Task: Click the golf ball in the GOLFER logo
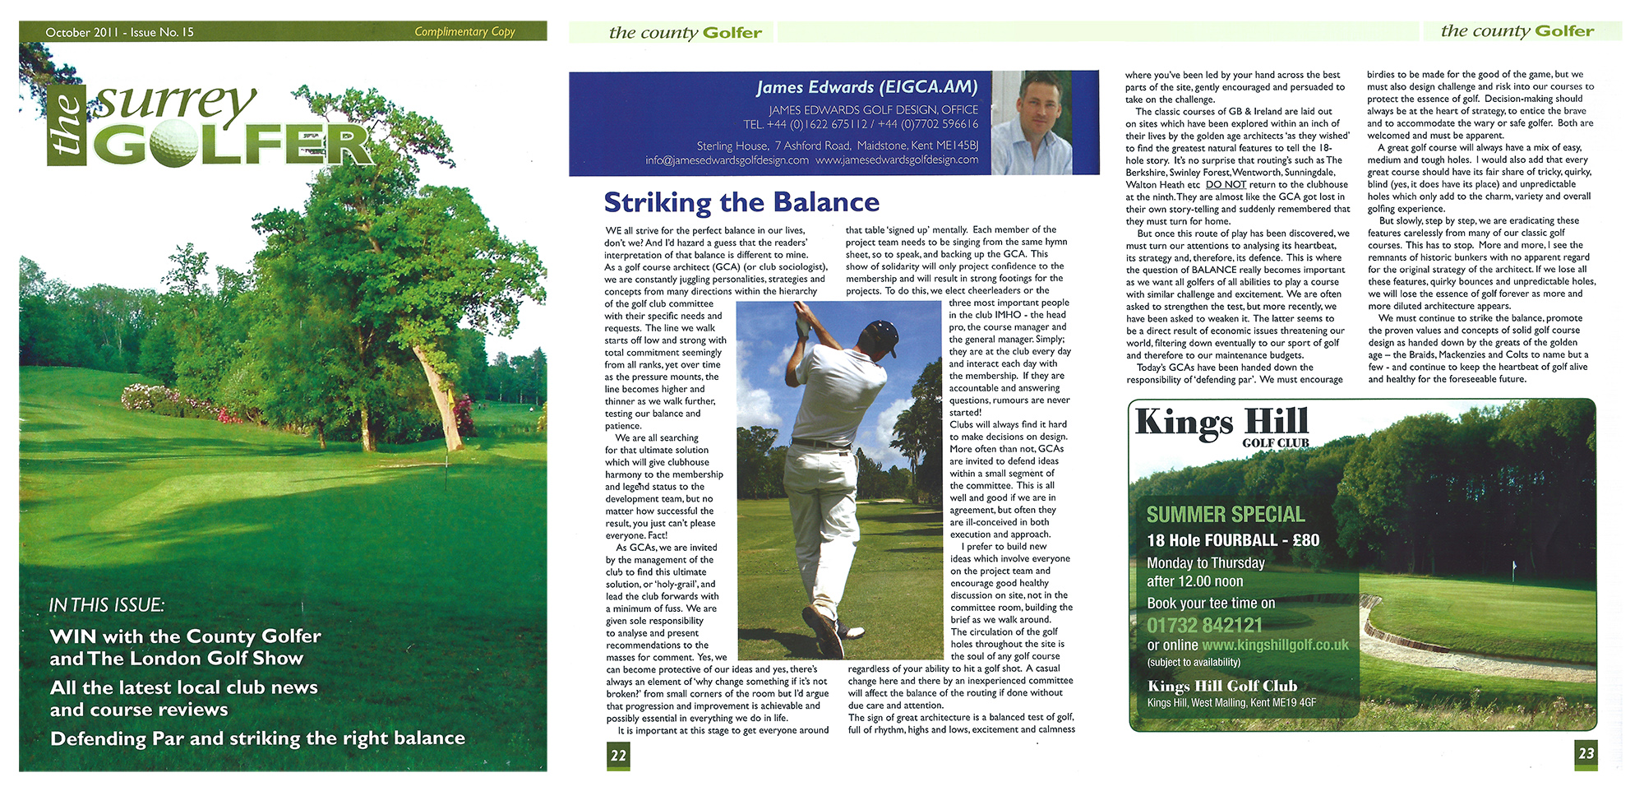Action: (x=174, y=144)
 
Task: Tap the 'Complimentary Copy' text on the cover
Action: (x=464, y=32)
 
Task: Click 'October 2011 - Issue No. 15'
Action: (x=120, y=33)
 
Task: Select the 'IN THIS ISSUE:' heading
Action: (x=107, y=605)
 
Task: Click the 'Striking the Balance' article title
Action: (x=741, y=202)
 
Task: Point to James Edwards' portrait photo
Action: (x=1045, y=123)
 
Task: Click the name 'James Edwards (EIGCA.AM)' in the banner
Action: (x=867, y=87)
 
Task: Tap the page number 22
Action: (x=618, y=755)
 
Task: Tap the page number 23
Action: (x=1586, y=752)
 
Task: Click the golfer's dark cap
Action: (x=879, y=335)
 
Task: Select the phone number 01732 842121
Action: (x=1204, y=625)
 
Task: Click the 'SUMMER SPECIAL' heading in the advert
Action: (x=1226, y=515)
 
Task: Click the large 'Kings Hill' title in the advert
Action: (x=1221, y=422)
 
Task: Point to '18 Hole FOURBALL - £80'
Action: (x=1233, y=540)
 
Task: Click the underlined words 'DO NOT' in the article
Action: (x=1226, y=185)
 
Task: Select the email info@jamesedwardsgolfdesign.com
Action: (x=727, y=160)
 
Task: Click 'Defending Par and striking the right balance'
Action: (x=257, y=738)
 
